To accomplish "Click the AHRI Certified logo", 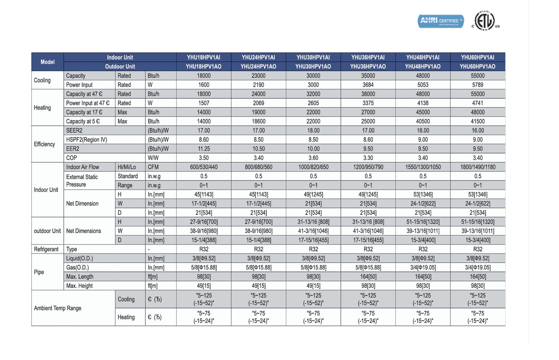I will point(441,21).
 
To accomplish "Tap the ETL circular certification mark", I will point(484,21).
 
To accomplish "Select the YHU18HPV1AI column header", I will point(203,57).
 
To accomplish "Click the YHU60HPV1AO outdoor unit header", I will point(477,67).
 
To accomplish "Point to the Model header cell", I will point(48,62).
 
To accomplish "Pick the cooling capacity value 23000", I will point(258,76).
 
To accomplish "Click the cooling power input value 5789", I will point(477,85).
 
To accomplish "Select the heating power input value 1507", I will point(203,103).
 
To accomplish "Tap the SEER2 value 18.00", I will point(313,130).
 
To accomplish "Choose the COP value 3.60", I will point(313,158).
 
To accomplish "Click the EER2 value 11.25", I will point(203,149).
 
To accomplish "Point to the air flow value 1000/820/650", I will point(313,167).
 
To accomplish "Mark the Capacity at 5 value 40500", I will point(423,121).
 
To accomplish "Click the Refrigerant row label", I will point(46,249).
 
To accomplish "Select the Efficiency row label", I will point(44,144).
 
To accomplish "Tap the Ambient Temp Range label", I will point(58,308).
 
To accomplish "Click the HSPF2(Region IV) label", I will point(87,140).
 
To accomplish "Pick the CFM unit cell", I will point(153,167).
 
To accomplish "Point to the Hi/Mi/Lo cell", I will point(127,167).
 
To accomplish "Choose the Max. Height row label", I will point(80,286).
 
